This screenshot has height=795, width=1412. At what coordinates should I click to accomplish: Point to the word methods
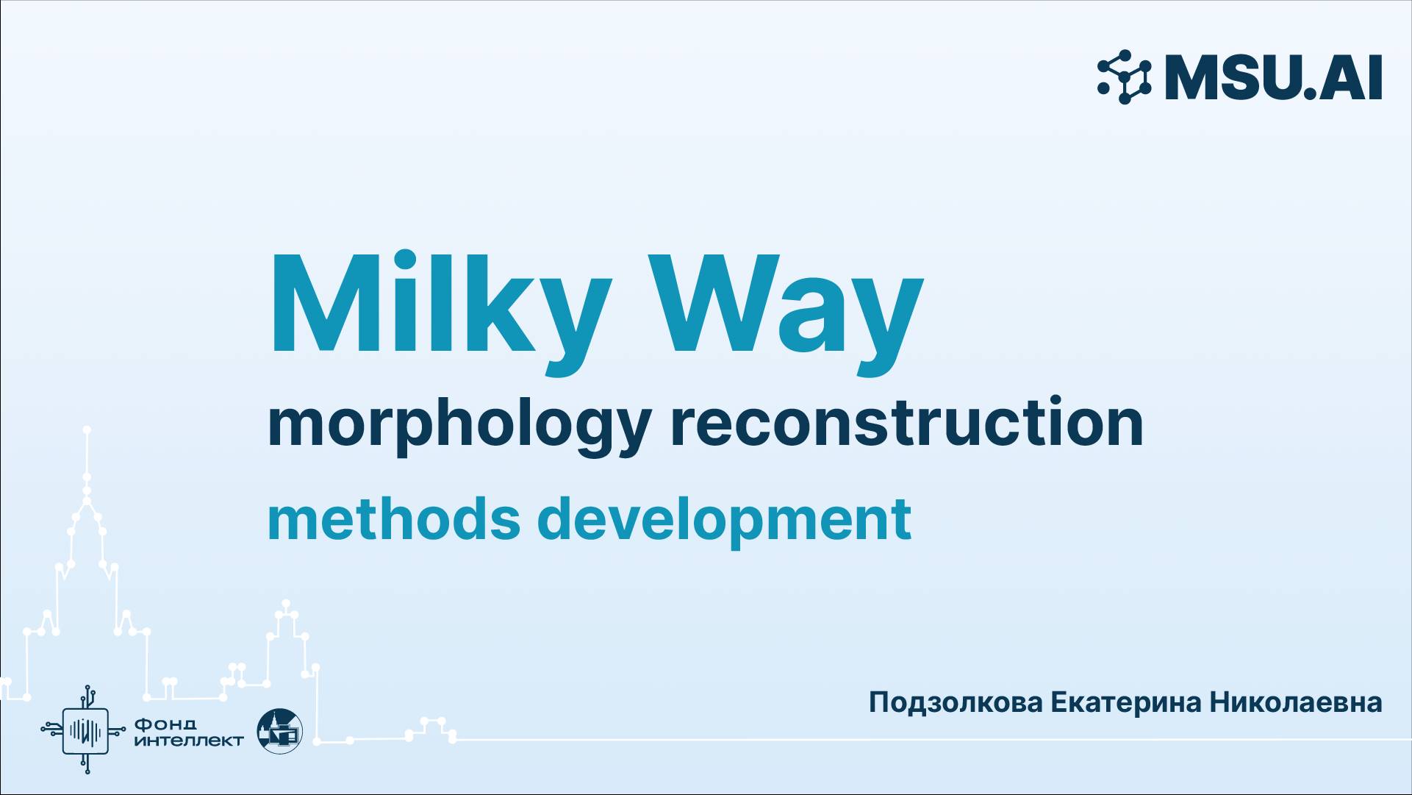point(393,518)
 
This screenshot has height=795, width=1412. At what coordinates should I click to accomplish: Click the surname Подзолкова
point(955,702)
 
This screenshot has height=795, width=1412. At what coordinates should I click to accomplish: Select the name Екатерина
point(1125,702)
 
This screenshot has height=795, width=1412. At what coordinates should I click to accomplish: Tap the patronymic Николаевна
point(1296,702)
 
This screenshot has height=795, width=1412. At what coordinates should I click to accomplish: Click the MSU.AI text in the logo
point(1273,78)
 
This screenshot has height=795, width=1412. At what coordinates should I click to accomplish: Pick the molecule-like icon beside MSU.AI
point(1124,77)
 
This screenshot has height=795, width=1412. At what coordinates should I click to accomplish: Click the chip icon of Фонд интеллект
point(87,730)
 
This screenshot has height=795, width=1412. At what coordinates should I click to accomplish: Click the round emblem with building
point(279,730)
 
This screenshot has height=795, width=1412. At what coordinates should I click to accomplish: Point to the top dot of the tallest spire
point(87,429)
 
